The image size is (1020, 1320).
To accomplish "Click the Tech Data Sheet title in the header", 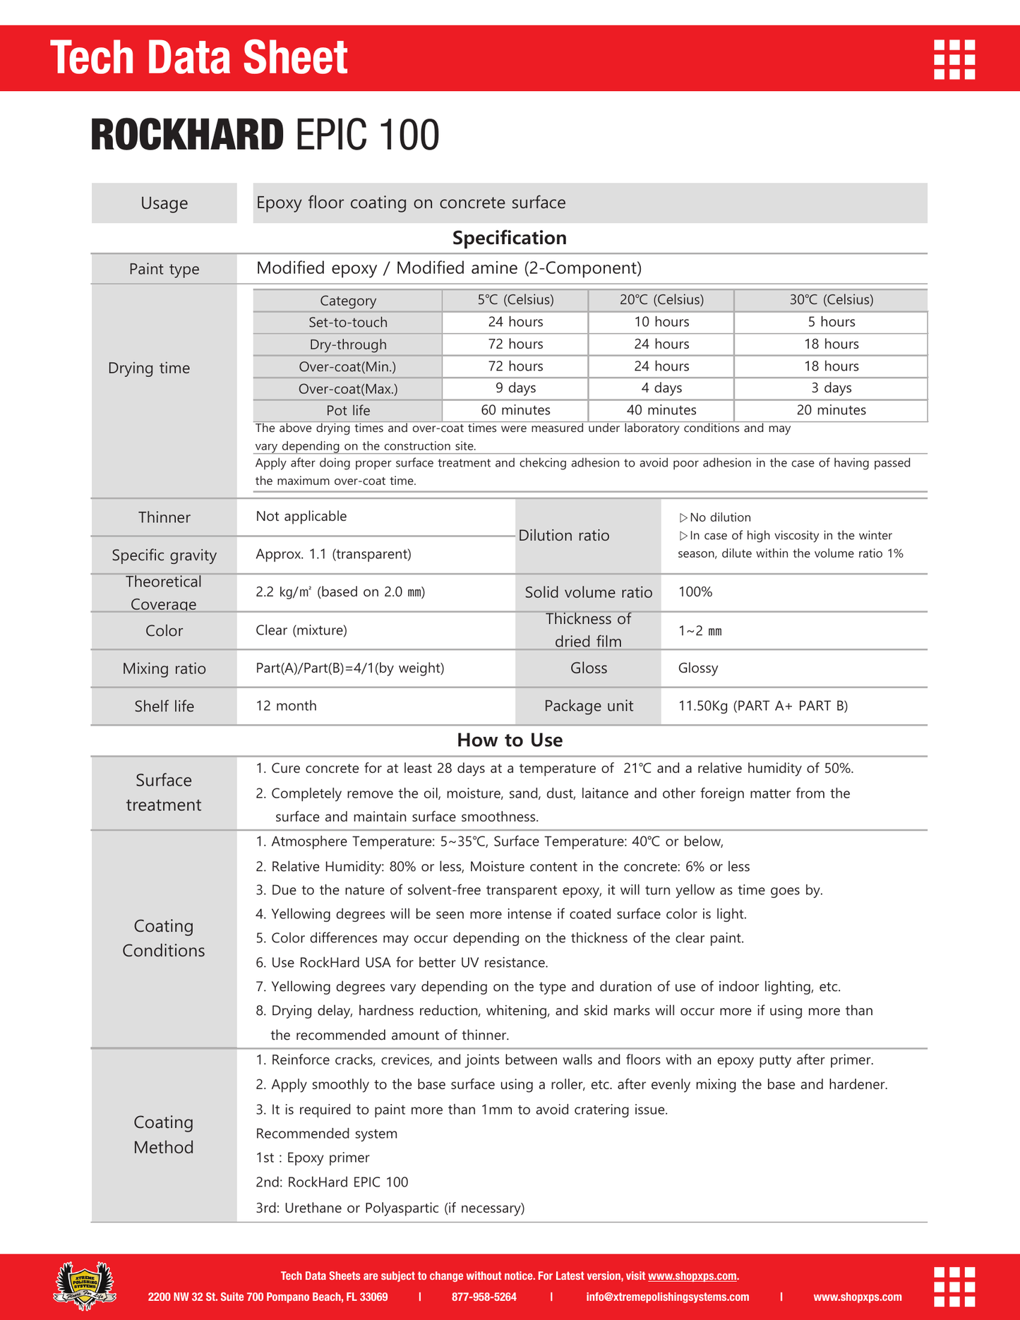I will pos(198,57).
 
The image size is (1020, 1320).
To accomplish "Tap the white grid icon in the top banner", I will pos(954,59).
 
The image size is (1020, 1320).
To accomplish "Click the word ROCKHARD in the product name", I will pos(187,135).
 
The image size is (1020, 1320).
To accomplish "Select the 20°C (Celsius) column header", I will pos(661,300).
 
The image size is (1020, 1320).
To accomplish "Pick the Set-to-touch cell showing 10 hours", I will pos(661,322).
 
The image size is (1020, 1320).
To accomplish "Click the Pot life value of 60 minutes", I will pos(515,410).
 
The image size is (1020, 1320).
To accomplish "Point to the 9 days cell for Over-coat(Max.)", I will pos(515,388).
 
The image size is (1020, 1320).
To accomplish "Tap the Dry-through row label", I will pos(348,344).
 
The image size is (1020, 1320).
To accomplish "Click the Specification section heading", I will pos(509,238).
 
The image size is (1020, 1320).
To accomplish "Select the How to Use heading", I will pos(509,740).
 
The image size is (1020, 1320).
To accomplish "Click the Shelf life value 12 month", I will pos(286,706).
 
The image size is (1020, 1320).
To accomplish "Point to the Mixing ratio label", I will pos(164,668).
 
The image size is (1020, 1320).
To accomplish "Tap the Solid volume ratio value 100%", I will pos(695,592).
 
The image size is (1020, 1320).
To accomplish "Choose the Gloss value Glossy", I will pos(697,668).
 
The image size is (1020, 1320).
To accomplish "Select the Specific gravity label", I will pos(164,555).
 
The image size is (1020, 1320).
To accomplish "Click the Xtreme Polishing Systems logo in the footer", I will pos(85,1285).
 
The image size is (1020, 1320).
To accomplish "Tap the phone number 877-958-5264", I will pos(484,1297).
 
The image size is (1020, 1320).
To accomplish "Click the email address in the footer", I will pos(667,1297).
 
